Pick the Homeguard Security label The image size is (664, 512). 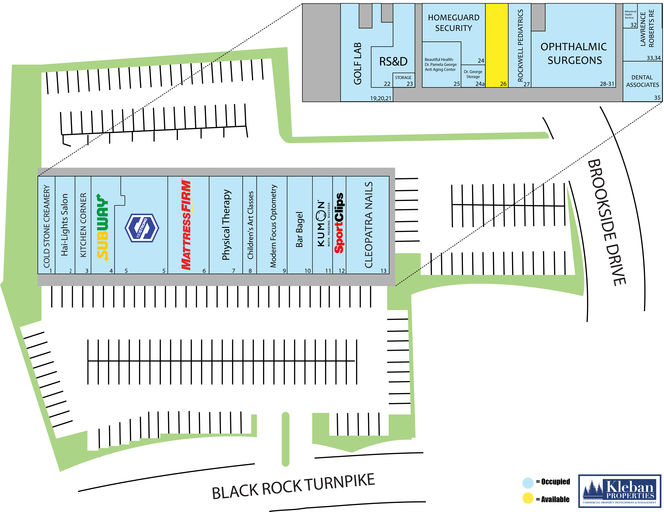pos(454,23)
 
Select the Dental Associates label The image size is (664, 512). pos(642,81)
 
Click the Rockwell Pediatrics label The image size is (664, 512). pos(520,46)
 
